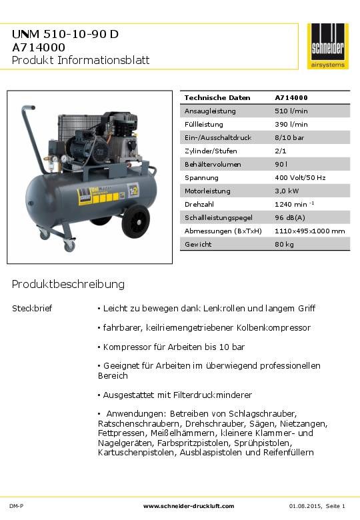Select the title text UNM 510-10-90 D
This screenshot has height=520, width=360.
tap(65, 34)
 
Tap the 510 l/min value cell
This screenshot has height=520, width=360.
tap(291, 111)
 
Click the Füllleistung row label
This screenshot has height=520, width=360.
tap(204, 124)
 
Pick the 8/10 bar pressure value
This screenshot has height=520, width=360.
tap(289, 137)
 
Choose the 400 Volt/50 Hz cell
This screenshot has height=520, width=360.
tap(300, 177)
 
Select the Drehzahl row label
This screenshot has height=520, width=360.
tap(199, 204)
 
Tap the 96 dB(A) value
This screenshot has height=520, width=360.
tap(289, 217)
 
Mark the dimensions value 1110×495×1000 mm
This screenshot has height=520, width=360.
tap(309, 231)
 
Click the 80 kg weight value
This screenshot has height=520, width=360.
tap(284, 244)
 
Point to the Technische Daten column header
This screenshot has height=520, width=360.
tap(213, 97)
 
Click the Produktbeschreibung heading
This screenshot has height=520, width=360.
tap(68, 285)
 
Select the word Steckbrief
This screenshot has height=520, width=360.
tap(31, 309)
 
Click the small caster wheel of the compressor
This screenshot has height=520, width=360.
tap(69, 247)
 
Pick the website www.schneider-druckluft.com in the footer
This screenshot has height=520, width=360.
tap(189, 506)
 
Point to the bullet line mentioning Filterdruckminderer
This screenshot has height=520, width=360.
tap(174, 395)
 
